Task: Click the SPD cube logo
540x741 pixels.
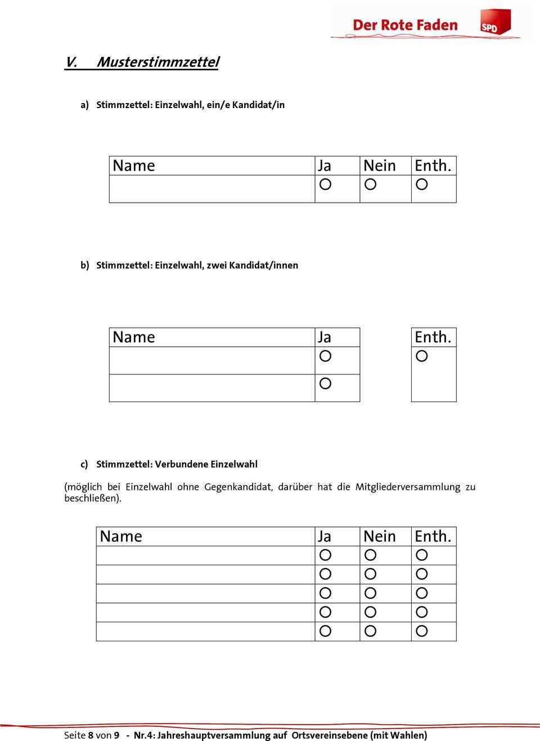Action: click(x=493, y=24)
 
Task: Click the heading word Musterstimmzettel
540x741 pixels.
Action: click(x=158, y=62)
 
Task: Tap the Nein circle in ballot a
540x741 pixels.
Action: click(x=371, y=184)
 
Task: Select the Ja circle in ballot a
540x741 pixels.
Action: click(x=325, y=184)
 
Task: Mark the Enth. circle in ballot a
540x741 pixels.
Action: click(x=422, y=184)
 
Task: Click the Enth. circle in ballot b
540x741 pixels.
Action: click(x=422, y=356)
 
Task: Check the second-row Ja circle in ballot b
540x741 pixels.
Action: click(x=325, y=383)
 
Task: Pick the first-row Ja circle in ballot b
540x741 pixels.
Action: click(x=325, y=356)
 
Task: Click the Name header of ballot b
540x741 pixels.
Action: click(x=134, y=337)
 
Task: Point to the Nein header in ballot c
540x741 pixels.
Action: click(x=380, y=536)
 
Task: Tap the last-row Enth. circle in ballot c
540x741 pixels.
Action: click(x=422, y=631)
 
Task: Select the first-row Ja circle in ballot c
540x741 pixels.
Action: click(x=325, y=555)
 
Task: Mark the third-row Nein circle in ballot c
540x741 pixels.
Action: click(x=371, y=593)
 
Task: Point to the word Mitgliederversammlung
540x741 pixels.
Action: click(x=408, y=487)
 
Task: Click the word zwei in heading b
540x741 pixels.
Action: click(x=217, y=264)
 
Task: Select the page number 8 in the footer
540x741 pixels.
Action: click(x=91, y=735)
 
